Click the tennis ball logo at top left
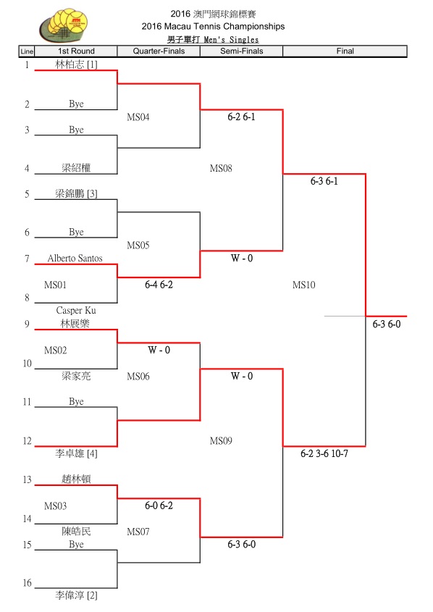(x=63, y=25)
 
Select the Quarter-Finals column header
(x=159, y=51)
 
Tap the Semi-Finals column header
(x=241, y=51)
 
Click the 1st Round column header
(x=76, y=51)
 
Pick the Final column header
(x=345, y=51)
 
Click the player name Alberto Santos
(x=75, y=258)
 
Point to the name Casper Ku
(x=76, y=310)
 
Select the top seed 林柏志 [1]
(x=76, y=64)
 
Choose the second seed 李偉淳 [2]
(x=76, y=595)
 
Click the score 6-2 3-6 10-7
(x=324, y=453)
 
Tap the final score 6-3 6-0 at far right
(x=386, y=324)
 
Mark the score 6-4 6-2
(x=159, y=285)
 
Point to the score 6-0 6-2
(x=159, y=506)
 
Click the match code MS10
(x=304, y=285)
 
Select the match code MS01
(x=56, y=285)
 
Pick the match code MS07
(x=138, y=532)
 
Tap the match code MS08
(x=221, y=168)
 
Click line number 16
(x=27, y=583)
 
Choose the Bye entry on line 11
(x=76, y=402)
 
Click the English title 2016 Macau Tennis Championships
(x=213, y=27)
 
